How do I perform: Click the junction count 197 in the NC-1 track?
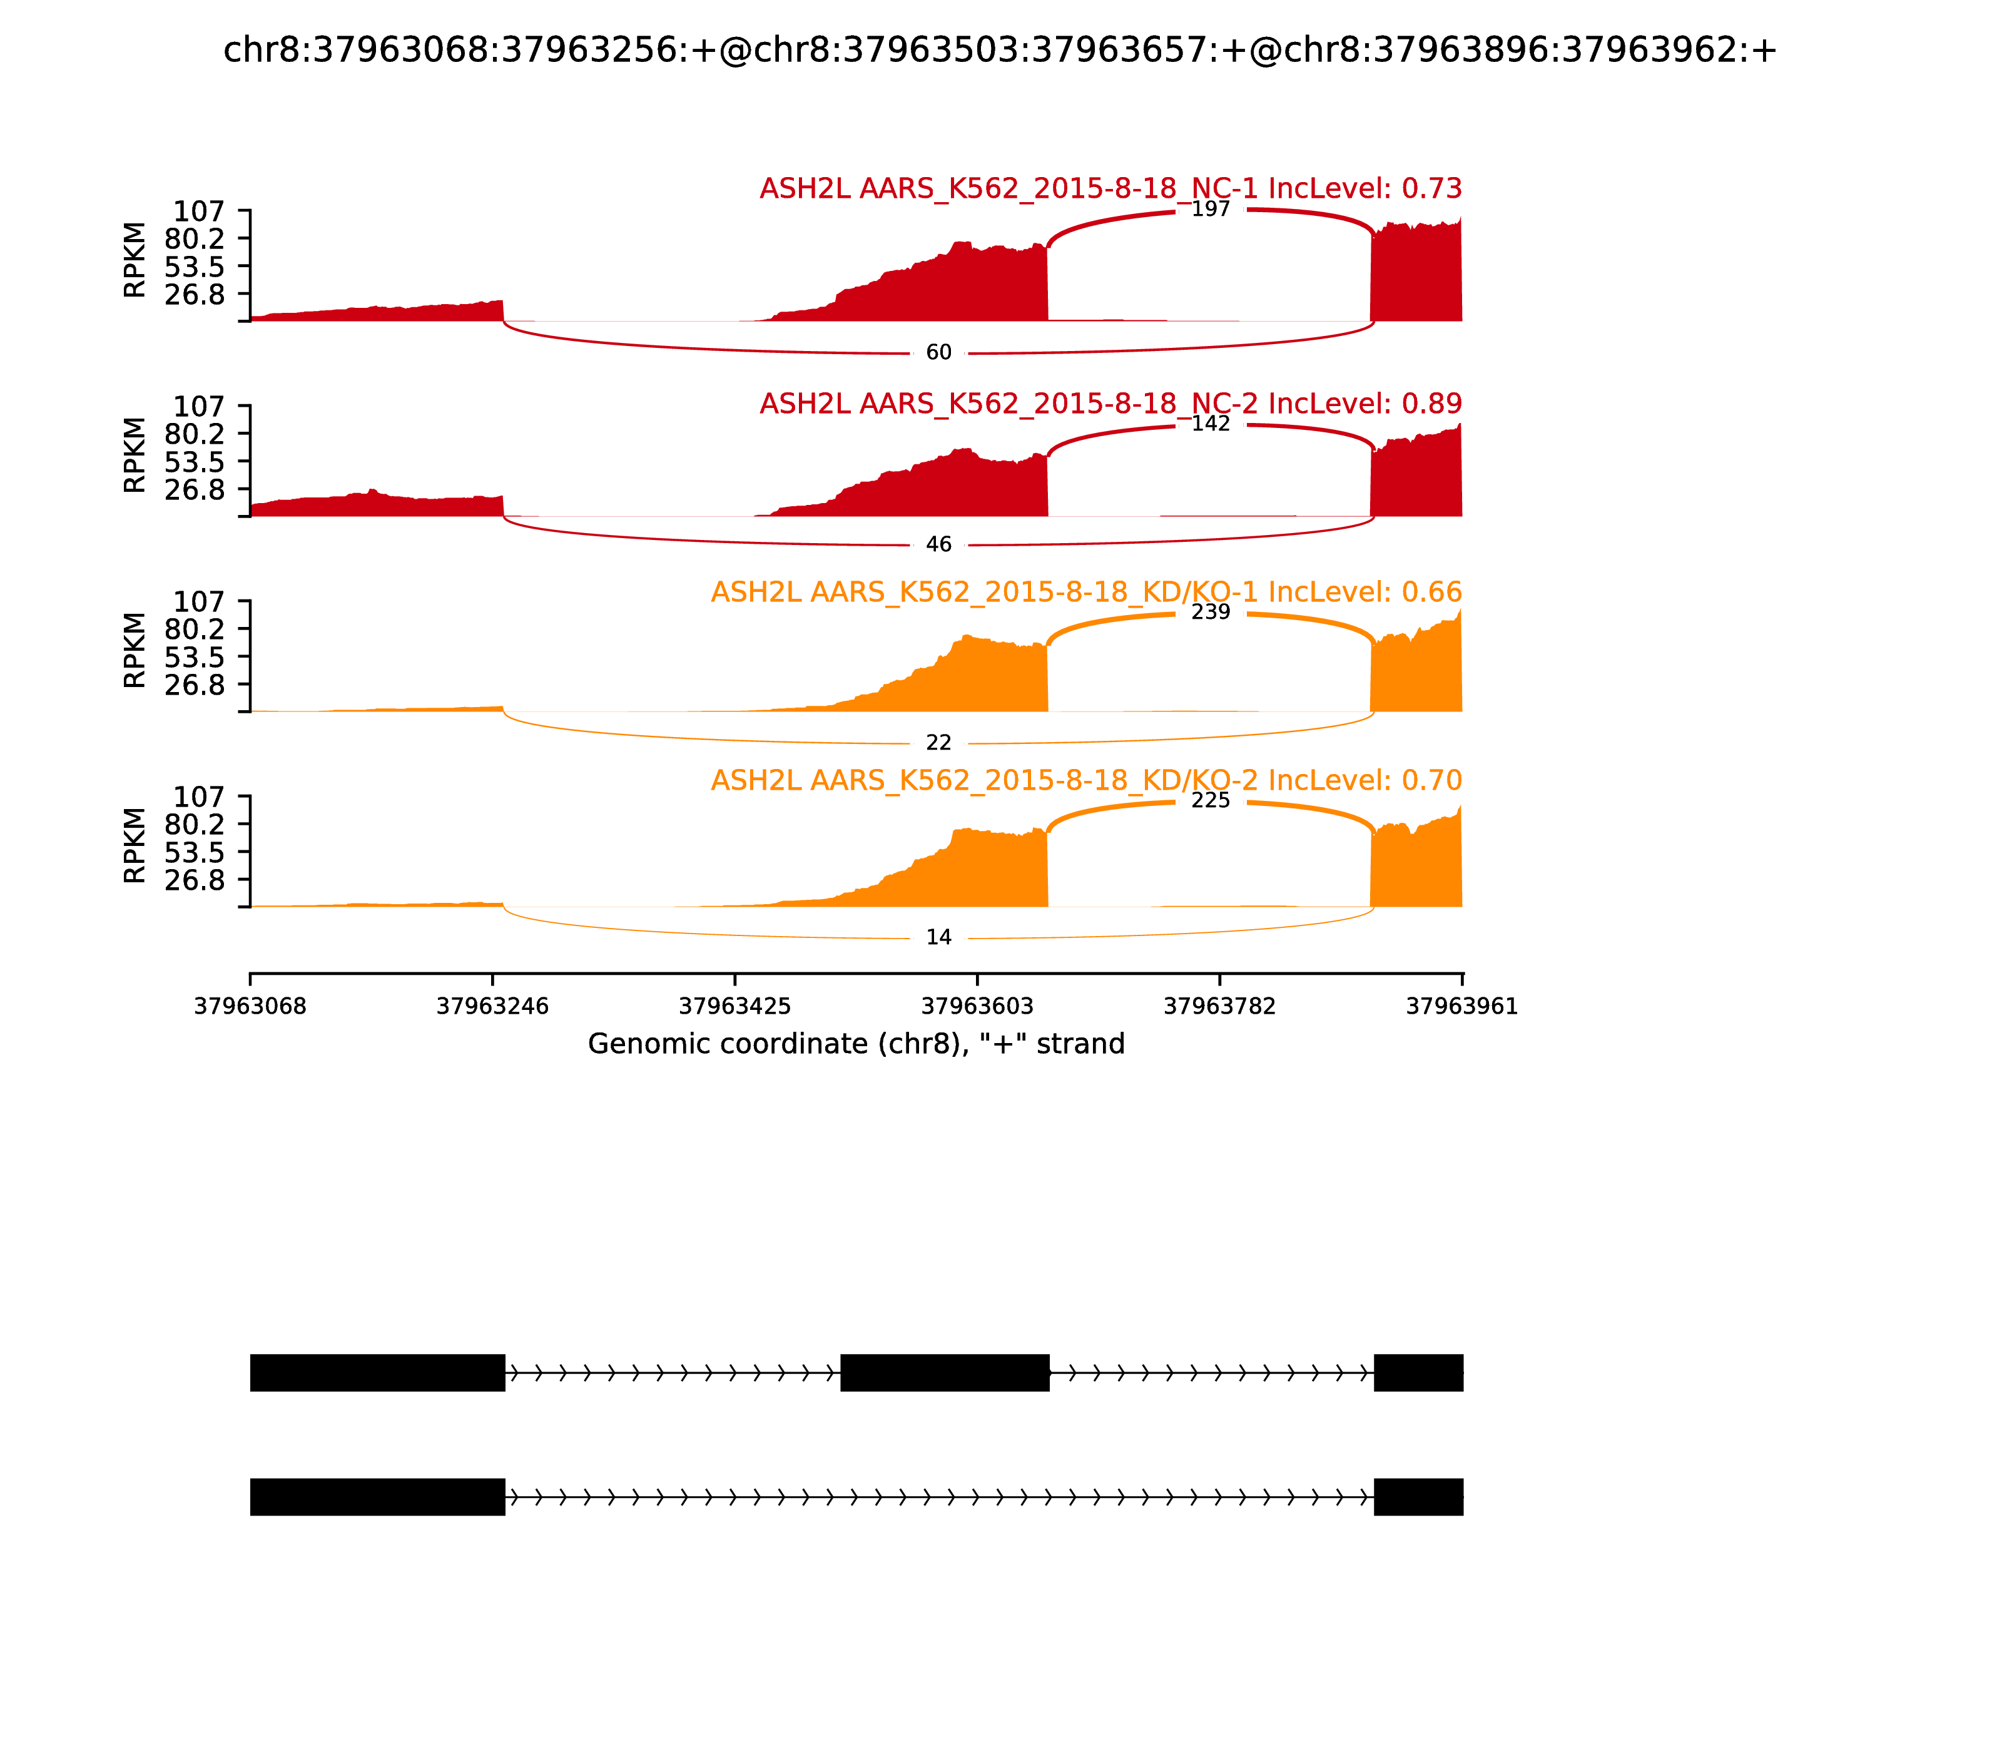coord(1210,209)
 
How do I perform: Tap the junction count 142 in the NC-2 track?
coord(1210,424)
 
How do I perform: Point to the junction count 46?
coord(938,544)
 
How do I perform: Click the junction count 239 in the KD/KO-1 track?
coord(1210,612)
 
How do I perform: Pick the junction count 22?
coord(938,743)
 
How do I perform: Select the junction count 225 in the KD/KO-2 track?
coord(1210,801)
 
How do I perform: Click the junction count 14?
coord(938,937)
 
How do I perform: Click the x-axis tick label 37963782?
coord(1219,1006)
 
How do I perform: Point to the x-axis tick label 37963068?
coord(250,1006)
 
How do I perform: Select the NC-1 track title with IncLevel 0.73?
coord(1110,189)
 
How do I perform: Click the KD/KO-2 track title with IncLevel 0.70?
coord(1086,780)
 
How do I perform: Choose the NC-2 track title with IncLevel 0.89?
coord(1110,404)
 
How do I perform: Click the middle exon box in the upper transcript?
coord(944,1373)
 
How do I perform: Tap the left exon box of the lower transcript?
coord(377,1497)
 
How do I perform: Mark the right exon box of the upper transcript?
coord(1418,1373)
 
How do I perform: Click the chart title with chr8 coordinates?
coord(1000,51)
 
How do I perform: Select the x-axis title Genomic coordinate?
coord(856,1044)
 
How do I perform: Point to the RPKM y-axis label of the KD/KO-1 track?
coord(135,650)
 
